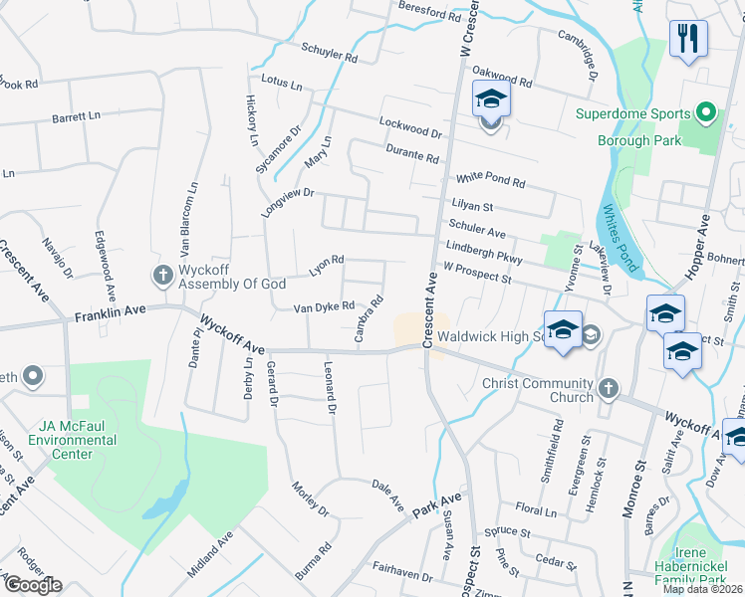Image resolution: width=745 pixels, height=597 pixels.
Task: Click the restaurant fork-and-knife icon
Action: point(688,40)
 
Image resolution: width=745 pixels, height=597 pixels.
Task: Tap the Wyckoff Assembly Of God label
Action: point(232,277)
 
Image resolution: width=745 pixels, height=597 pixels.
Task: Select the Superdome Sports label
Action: point(631,112)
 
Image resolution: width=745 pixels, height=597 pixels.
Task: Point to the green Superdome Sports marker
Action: point(706,112)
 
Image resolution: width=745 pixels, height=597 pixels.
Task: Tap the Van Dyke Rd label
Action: point(323,307)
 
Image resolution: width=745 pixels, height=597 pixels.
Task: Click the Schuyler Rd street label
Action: point(329,53)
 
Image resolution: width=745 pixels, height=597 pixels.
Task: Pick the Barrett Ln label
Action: point(77,117)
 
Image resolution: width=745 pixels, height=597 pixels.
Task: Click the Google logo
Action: point(33,585)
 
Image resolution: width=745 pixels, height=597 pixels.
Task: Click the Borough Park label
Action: point(639,141)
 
